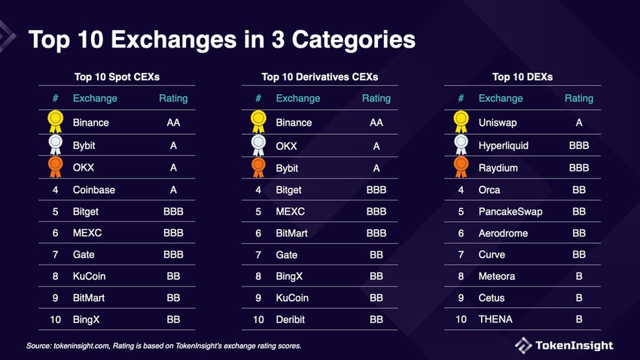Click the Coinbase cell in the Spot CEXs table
(x=94, y=190)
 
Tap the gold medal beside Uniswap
(x=461, y=121)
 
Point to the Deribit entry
(x=292, y=319)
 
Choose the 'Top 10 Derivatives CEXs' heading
(x=319, y=76)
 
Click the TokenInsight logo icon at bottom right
(x=523, y=345)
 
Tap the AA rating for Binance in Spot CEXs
(x=173, y=123)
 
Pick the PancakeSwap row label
(x=510, y=211)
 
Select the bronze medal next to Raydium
(x=461, y=166)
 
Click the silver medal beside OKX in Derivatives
(x=258, y=145)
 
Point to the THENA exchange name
(x=495, y=319)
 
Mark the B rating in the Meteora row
(x=579, y=276)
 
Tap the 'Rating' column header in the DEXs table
(x=579, y=98)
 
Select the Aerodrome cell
(x=504, y=233)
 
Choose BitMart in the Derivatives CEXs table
(x=292, y=233)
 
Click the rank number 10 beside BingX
(x=55, y=319)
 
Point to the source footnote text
(x=164, y=346)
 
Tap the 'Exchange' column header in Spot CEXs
(x=95, y=98)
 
